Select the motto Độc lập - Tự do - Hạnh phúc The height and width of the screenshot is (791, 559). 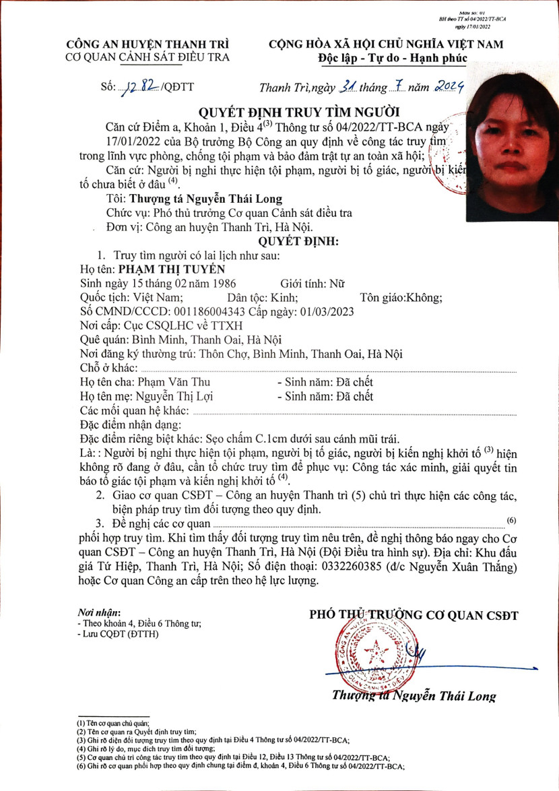[393, 59]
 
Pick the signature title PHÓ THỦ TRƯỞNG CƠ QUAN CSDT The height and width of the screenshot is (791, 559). [414, 614]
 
